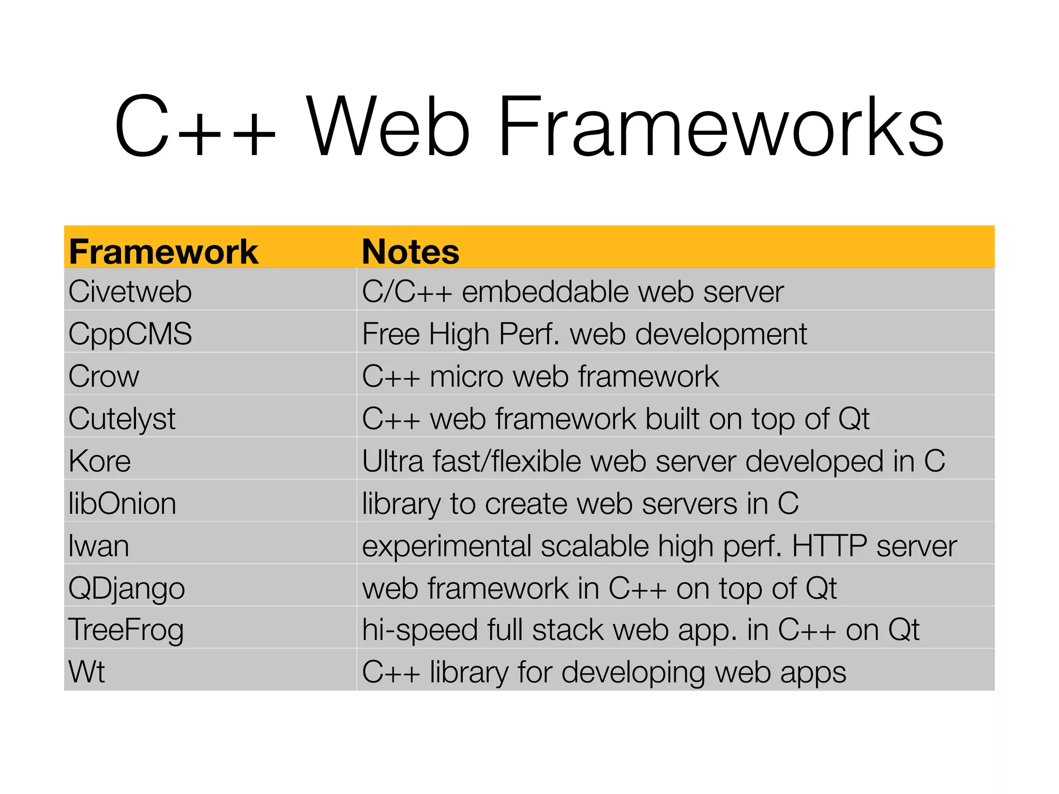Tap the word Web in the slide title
coord(388,127)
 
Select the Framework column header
coord(163,252)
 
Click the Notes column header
coord(411,252)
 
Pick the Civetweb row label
coord(130,292)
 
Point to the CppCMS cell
coord(130,334)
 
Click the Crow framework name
coord(104,376)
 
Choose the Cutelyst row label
coord(122,419)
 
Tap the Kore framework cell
coord(100,461)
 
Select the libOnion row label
coord(123,503)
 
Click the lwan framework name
coord(99,546)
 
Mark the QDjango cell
coord(127,588)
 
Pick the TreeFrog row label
coord(126,631)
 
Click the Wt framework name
coord(87,672)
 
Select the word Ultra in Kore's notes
coord(393,461)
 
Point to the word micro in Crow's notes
coord(466,376)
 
